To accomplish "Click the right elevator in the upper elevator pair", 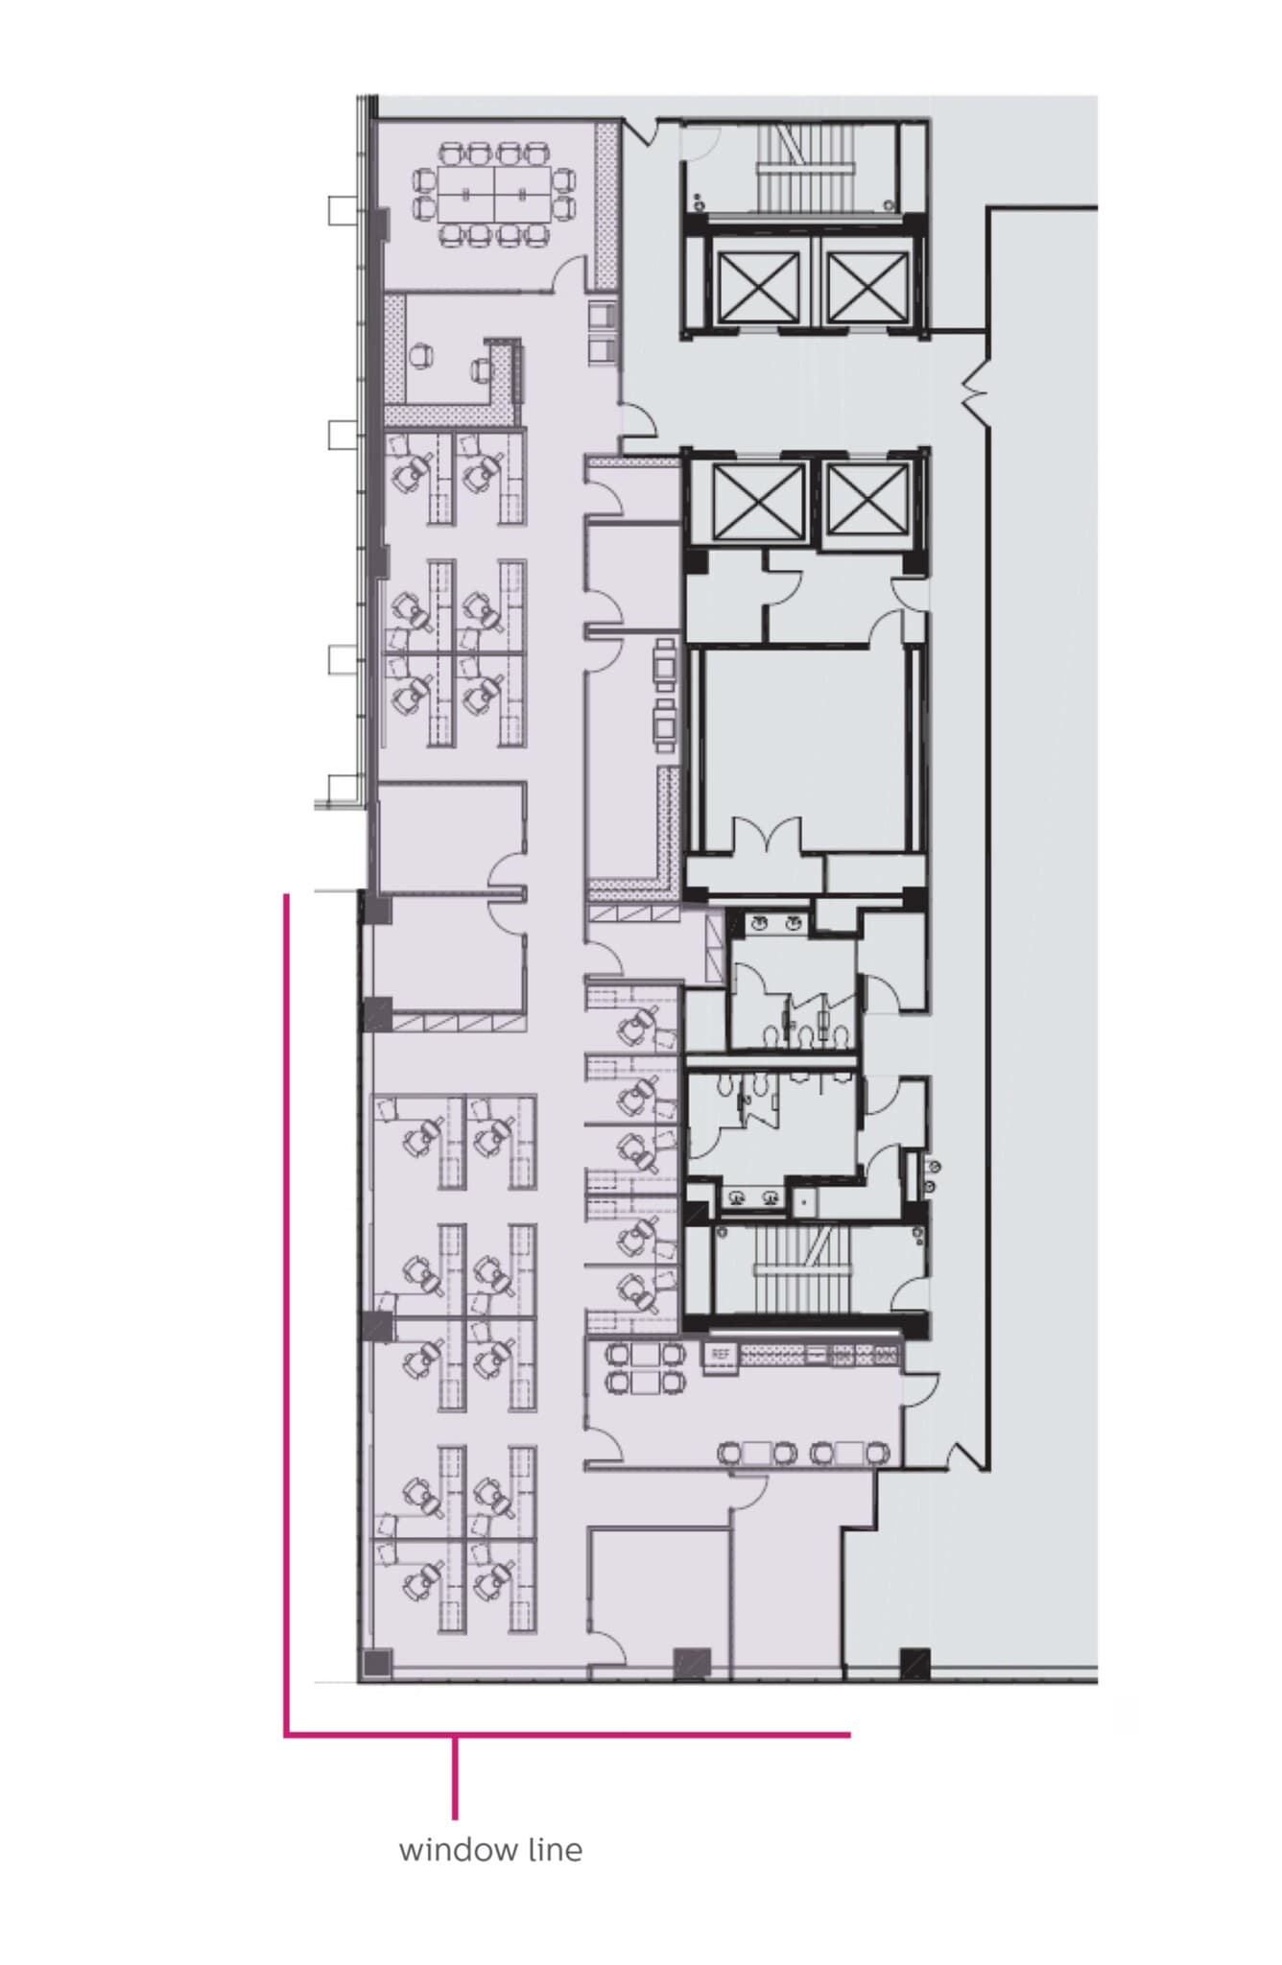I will coord(867,286).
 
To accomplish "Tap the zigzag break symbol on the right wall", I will coord(977,389).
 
